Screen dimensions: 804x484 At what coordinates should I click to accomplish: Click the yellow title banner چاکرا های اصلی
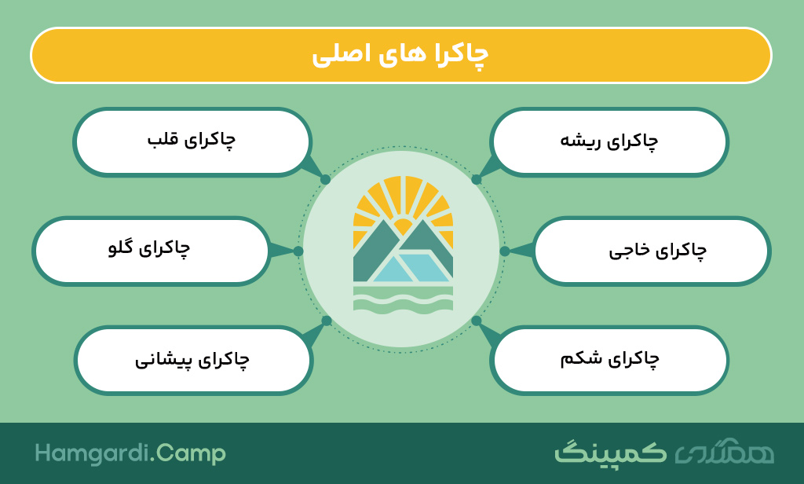(x=401, y=55)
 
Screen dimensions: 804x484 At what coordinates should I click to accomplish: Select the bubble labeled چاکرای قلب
(x=192, y=142)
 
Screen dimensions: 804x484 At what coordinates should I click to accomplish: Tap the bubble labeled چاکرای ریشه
(x=609, y=142)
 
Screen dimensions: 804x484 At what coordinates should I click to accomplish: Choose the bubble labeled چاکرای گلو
(x=151, y=251)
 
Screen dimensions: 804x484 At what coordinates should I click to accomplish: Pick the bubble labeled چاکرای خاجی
(x=652, y=251)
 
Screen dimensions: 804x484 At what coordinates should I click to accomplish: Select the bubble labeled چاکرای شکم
(x=609, y=361)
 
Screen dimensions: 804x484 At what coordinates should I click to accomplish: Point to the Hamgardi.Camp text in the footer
(x=130, y=453)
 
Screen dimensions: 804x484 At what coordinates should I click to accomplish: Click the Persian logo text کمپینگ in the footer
(x=610, y=452)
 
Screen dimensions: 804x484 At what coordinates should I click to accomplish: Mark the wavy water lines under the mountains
(x=403, y=299)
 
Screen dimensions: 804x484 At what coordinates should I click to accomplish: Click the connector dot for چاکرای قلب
(x=325, y=180)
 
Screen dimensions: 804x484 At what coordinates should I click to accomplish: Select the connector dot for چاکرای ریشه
(x=477, y=180)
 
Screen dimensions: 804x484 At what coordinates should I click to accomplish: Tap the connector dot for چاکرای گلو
(x=298, y=251)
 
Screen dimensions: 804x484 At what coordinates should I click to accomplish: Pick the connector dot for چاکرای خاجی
(x=505, y=251)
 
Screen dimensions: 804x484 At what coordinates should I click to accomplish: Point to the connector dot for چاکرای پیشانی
(x=326, y=321)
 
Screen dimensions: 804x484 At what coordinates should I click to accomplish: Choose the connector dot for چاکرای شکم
(x=477, y=321)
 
